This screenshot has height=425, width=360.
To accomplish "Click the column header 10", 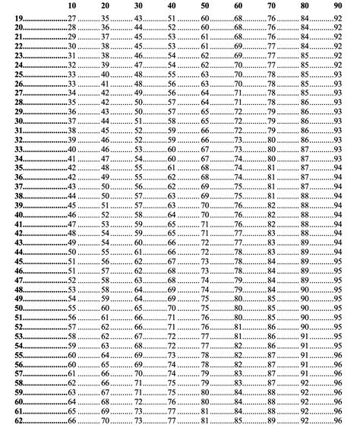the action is click(71, 6).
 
